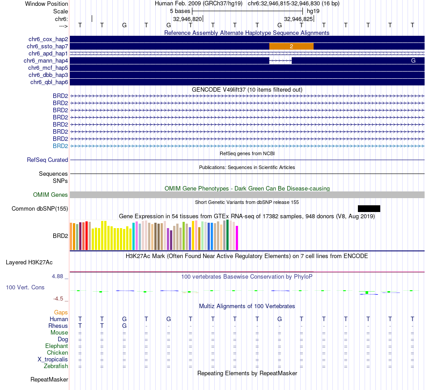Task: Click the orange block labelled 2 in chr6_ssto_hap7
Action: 291,47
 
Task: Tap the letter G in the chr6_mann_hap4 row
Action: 413,60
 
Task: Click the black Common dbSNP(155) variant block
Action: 369,208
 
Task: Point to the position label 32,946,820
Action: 187,19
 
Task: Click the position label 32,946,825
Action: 298,19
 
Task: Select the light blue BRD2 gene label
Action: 60,146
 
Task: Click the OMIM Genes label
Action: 51,195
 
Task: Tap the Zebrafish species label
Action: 56,366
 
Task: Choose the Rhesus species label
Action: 58,326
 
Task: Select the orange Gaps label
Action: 61,312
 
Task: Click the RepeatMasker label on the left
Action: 49,380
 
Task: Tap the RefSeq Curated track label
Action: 47,160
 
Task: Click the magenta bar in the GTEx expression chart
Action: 237,238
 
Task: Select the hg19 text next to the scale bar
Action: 313,11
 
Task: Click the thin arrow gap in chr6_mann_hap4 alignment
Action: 280,60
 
